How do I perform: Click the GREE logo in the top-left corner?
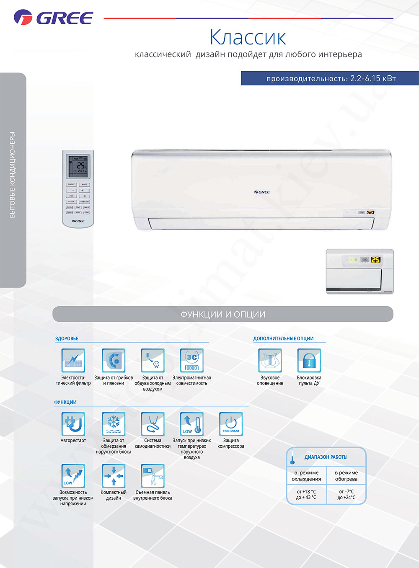(53, 18)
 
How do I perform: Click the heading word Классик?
(248, 37)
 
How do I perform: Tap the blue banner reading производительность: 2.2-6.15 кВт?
(330, 78)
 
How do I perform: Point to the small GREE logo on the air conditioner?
(262, 192)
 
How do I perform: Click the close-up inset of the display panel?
(360, 271)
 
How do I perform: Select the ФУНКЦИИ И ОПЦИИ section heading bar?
(223, 314)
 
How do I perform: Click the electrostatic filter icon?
(73, 360)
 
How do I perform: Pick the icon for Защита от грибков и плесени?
(114, 360)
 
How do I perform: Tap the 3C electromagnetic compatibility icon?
(192, 360)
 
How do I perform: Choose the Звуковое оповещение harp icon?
(270, 360)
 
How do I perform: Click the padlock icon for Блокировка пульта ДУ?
(309, 360)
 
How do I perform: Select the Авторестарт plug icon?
(73, 424)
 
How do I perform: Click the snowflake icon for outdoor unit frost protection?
(114, 424)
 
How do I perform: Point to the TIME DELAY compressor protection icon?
(231, 424)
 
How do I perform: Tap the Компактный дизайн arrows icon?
(114, 476)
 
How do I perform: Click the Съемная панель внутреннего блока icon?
(153, 476)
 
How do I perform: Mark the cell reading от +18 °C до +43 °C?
(306, 494)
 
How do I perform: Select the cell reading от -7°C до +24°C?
(346, 494)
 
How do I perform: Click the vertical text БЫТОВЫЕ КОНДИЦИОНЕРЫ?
(13, 175)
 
